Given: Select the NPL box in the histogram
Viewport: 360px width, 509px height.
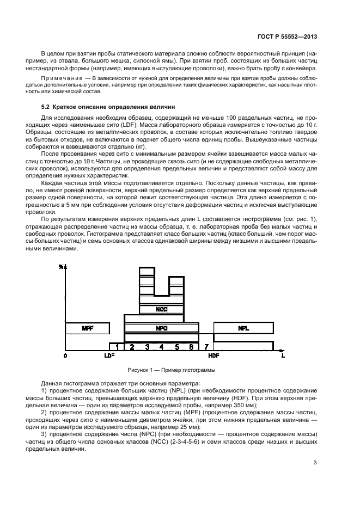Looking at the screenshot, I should pyautogui.click(x=243, y=328).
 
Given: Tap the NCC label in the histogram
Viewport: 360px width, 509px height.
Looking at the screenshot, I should pyautogui.click(x=161, y=309).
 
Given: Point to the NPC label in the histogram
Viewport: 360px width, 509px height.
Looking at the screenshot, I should pyautogui.click(x=161, y=328).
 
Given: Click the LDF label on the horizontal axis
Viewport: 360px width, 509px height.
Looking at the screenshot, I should pyautogui.click(x=109, y=356).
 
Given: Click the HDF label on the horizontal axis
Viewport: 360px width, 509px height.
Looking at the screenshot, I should pyautogui.click(x=213, y=356).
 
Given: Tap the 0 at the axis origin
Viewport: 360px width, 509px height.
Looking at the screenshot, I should pyautogui.click(x=65, y=356).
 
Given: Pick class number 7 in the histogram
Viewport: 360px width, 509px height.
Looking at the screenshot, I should pyautogui.click(x=206, y=347).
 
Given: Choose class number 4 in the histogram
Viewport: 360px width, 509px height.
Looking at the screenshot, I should pyautogui.click(x=161, y=347).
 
